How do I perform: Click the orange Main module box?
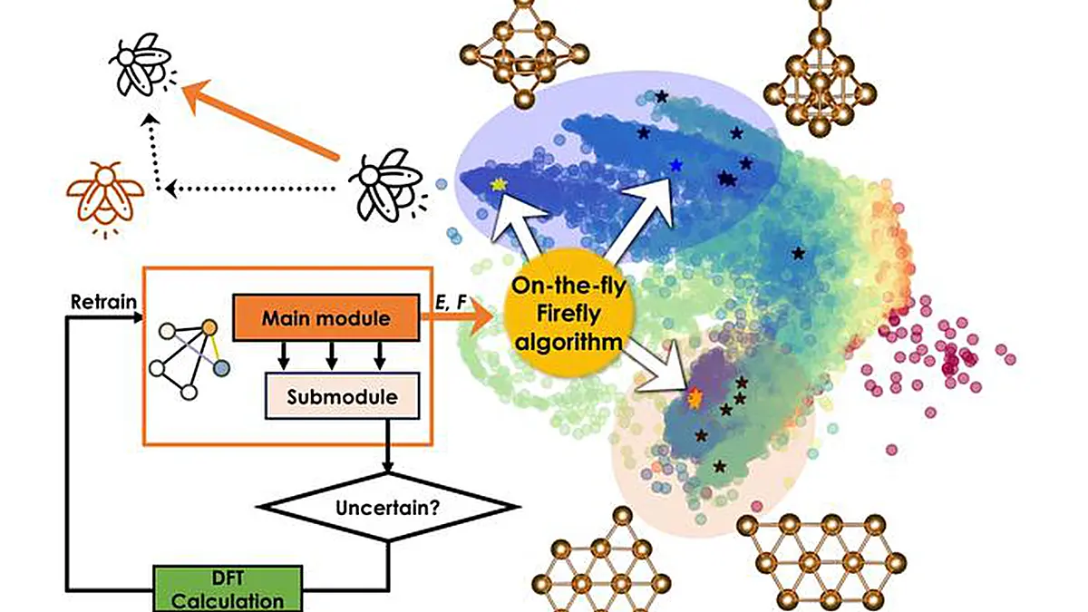pyautogui.click(x=326, y=318)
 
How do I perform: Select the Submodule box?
pyautogui.click(x=342, y=396)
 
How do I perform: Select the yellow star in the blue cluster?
pyautogui.click(x=497, y=184)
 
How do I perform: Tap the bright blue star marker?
pyautogui.click(x=676, y=165)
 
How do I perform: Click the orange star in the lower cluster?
pyautogui.click(x=695, y=397)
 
